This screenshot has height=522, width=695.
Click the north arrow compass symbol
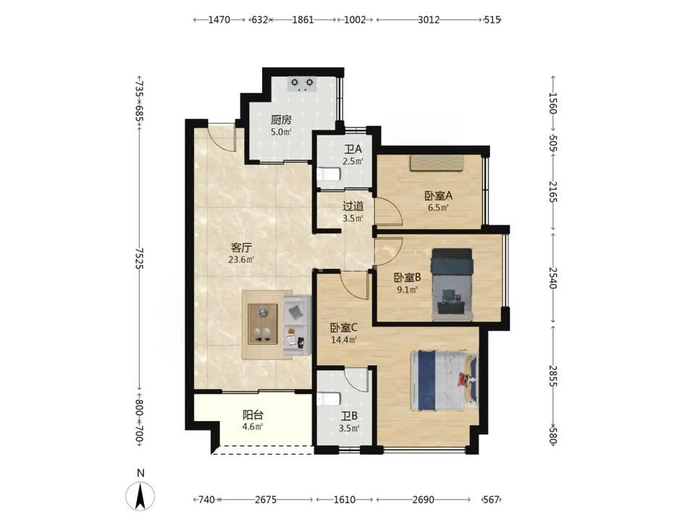[x=140, y=495]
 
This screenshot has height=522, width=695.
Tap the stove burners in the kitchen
[x=303, y=84]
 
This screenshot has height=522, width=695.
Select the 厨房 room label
[x=281, y=120]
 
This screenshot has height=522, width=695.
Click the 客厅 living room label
[x=241, y=247]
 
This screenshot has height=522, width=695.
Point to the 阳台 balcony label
[x=253, y=415]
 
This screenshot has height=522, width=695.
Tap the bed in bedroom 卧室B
[x=452, y=284]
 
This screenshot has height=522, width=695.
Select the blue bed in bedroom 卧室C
[x=445, y=381]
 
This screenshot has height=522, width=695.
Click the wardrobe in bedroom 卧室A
[x=437, y=163]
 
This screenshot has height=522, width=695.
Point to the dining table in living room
[x=263, y=324]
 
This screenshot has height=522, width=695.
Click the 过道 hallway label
[x=353, y=206]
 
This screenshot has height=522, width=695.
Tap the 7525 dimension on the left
[x=139, y=258]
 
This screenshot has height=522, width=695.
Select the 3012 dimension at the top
[x=429, y=20]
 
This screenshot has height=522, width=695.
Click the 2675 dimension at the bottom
[x=266, y=500]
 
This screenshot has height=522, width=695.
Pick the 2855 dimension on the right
[x=553, y=376]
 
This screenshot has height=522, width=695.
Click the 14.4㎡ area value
[x=344, y=341]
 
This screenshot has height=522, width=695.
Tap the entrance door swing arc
[x=221, y=138]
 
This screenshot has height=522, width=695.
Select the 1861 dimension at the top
[x=303, y=20]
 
